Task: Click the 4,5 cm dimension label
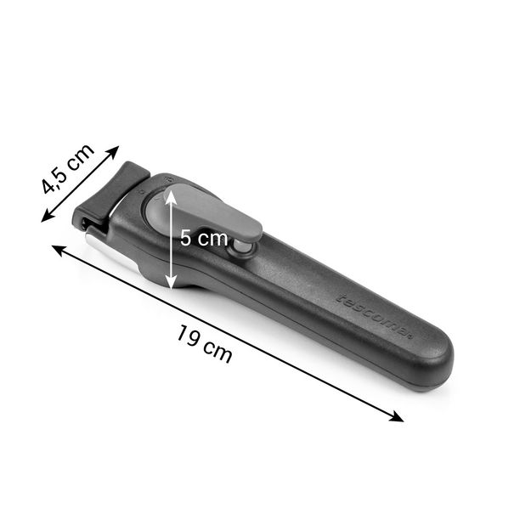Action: tap(68, 168)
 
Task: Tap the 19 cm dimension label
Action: tap(205, 344)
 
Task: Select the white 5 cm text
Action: tap(204, 238)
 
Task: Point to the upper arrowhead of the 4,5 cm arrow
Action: tap(114, 151)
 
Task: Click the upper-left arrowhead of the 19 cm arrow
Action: tap(59, 250)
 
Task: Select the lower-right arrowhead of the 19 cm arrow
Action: tap(398, 417)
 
